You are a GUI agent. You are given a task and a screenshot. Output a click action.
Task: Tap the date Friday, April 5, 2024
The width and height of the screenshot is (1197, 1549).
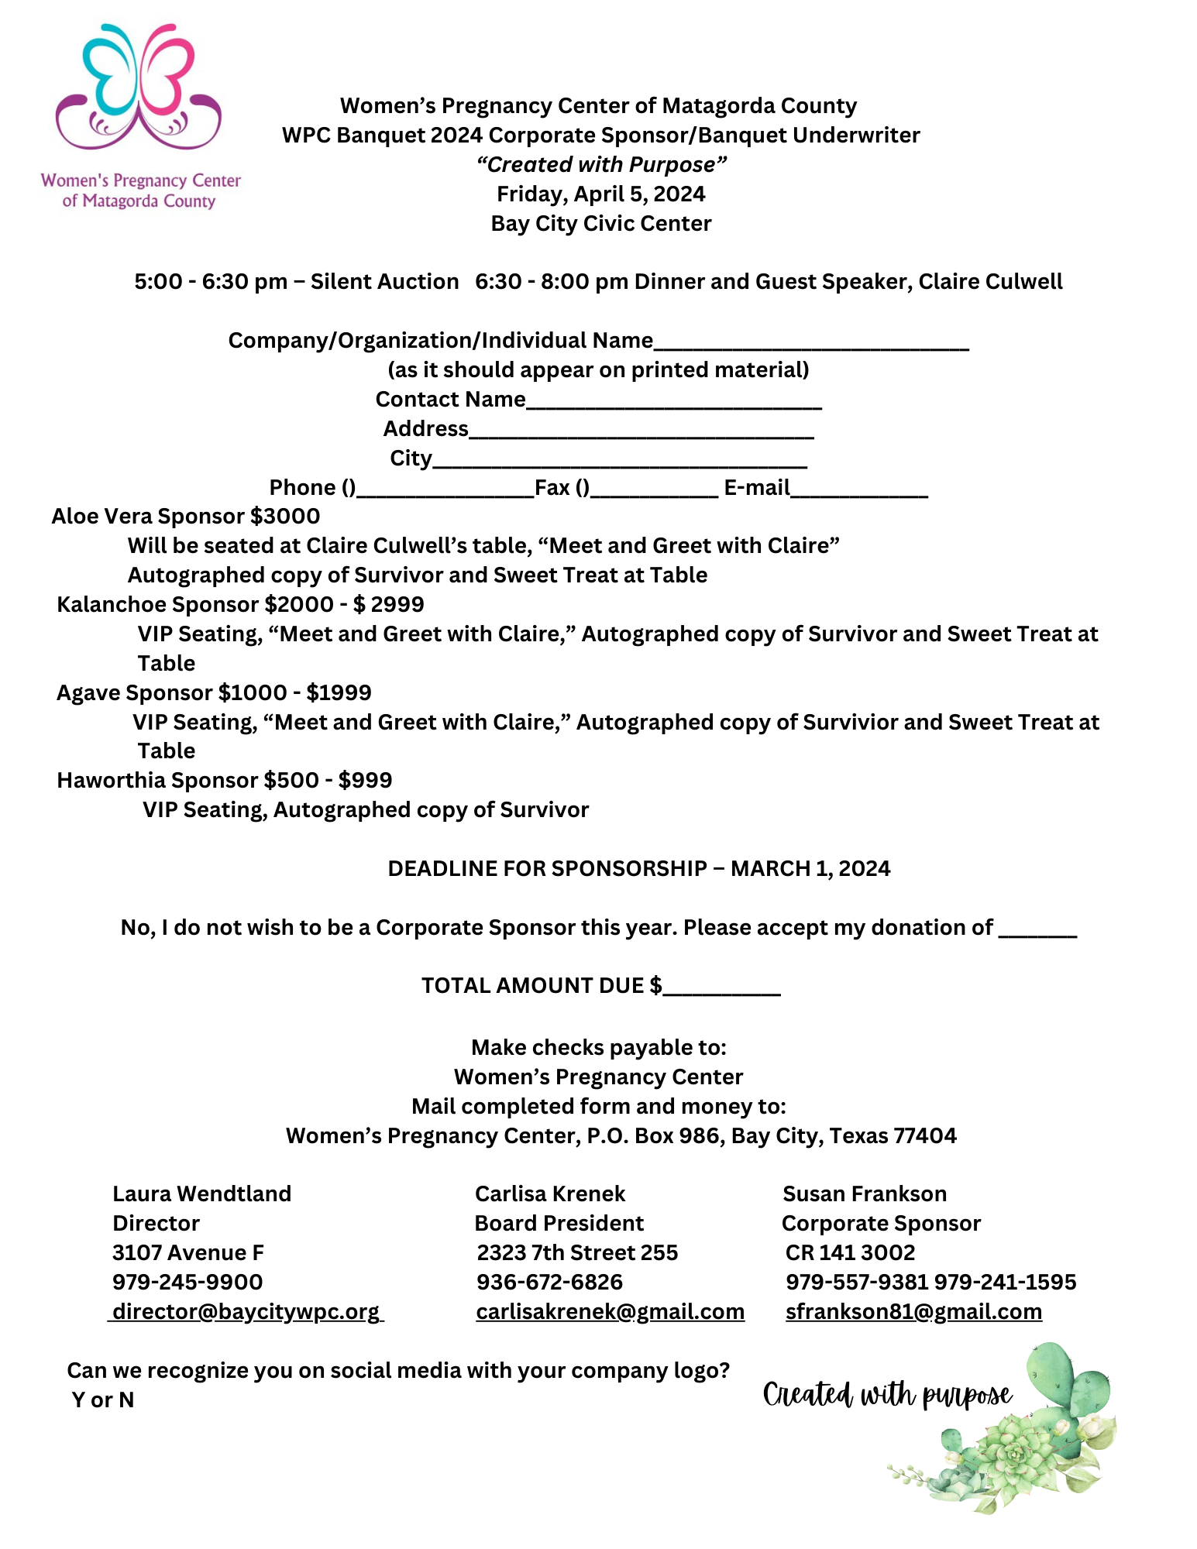click(600, 194)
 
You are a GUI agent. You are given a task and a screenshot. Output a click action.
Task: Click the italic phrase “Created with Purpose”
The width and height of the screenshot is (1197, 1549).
click(600, 164)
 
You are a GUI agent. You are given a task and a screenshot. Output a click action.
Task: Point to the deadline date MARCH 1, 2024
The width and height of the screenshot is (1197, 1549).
click(810, 869)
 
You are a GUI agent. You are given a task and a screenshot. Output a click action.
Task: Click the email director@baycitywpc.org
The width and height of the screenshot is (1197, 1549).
click(246, 1312)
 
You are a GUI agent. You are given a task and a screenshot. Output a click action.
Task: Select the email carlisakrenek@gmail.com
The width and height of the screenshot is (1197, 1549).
click(610, 1312)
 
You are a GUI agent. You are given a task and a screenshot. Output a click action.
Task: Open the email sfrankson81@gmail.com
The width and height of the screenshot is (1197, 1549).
click(913, 1312)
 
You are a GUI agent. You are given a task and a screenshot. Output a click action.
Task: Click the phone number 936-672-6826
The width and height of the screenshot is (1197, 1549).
click(549, 1283)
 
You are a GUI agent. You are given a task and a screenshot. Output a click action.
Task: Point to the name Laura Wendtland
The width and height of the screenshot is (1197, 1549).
click(201, 1194)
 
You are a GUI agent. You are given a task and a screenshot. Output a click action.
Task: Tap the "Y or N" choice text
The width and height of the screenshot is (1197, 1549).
click(103, 1400)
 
